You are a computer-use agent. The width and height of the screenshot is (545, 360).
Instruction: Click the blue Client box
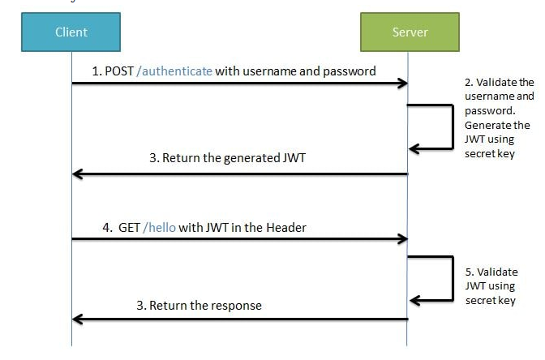coord(71,32)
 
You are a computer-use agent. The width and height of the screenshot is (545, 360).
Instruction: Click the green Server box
coord(410,32)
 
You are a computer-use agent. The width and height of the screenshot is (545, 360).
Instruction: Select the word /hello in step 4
coord(159,228)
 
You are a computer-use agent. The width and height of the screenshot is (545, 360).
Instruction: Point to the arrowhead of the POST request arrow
coord(401,84)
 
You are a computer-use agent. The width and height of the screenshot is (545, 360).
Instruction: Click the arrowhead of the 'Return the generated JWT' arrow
coord(78,174)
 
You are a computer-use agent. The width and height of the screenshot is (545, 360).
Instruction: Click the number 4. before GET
coord(108,228)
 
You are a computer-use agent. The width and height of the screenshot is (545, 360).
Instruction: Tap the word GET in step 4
coord(128,228)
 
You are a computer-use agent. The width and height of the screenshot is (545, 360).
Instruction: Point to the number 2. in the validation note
coord(469,83)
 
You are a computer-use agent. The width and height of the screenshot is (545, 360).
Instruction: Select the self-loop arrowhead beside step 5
coord(414,300)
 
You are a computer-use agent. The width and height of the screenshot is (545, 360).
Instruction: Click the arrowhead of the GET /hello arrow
coord(401,239)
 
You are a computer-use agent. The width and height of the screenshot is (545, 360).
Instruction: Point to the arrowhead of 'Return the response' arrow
coord(78,319)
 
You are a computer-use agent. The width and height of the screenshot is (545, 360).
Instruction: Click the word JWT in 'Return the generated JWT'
coord(293,158)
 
